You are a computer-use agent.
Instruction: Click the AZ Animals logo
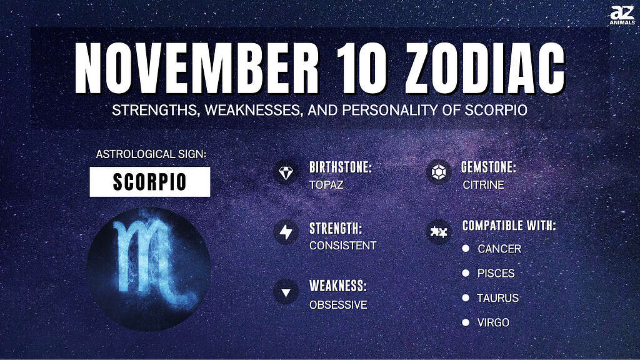(x=622, y=16)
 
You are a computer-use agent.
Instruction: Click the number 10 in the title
(x=362, y=68)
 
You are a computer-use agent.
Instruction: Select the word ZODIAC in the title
(x=485, y=68)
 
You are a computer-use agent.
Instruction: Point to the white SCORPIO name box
(x=150, y=182)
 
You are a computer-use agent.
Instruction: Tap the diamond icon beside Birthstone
(x=286, y=172)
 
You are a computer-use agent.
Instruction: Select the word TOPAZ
(x=326, y=185)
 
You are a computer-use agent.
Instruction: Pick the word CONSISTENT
(x=343, y=246)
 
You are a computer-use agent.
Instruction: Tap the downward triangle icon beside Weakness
(x=286, y=292)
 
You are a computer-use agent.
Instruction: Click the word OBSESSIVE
(x=338, y=305)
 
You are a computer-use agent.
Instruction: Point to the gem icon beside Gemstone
(x=439, y=172)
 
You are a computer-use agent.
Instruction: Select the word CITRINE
(x=483, y=185)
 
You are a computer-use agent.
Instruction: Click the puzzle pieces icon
(x=439, y=232)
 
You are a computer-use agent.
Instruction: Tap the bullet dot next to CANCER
(x=466, y=248)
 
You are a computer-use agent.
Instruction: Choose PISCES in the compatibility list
(x=496, y=274)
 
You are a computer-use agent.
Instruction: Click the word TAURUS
(x=498, y=298)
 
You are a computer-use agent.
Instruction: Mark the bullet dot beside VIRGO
(x=466, y=322)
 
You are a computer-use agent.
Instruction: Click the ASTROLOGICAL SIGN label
(x=151, y=154)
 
